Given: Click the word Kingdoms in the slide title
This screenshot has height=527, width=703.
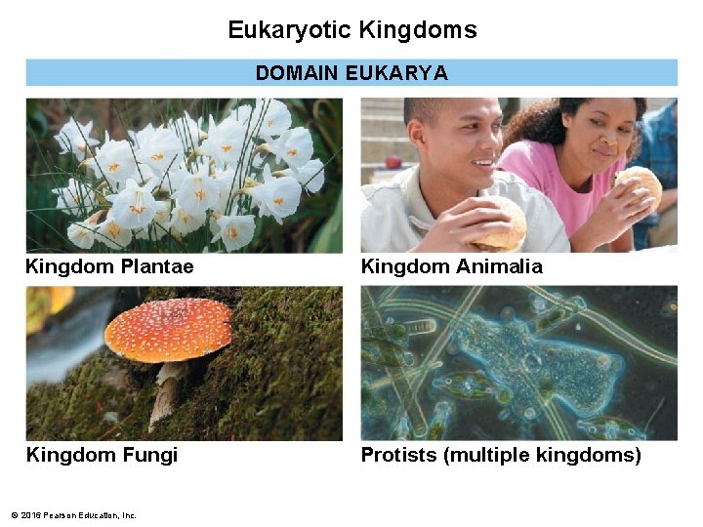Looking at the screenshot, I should click(418, 30).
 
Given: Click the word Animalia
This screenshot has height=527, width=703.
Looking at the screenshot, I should click(495, 266).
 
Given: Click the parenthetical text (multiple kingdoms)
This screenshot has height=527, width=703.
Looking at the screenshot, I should click(542, 455).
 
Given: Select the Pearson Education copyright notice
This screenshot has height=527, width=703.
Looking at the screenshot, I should click(73, 515).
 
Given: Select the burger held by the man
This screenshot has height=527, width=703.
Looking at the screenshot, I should click(499, 224).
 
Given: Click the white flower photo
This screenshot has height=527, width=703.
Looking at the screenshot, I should click(185, 175).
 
